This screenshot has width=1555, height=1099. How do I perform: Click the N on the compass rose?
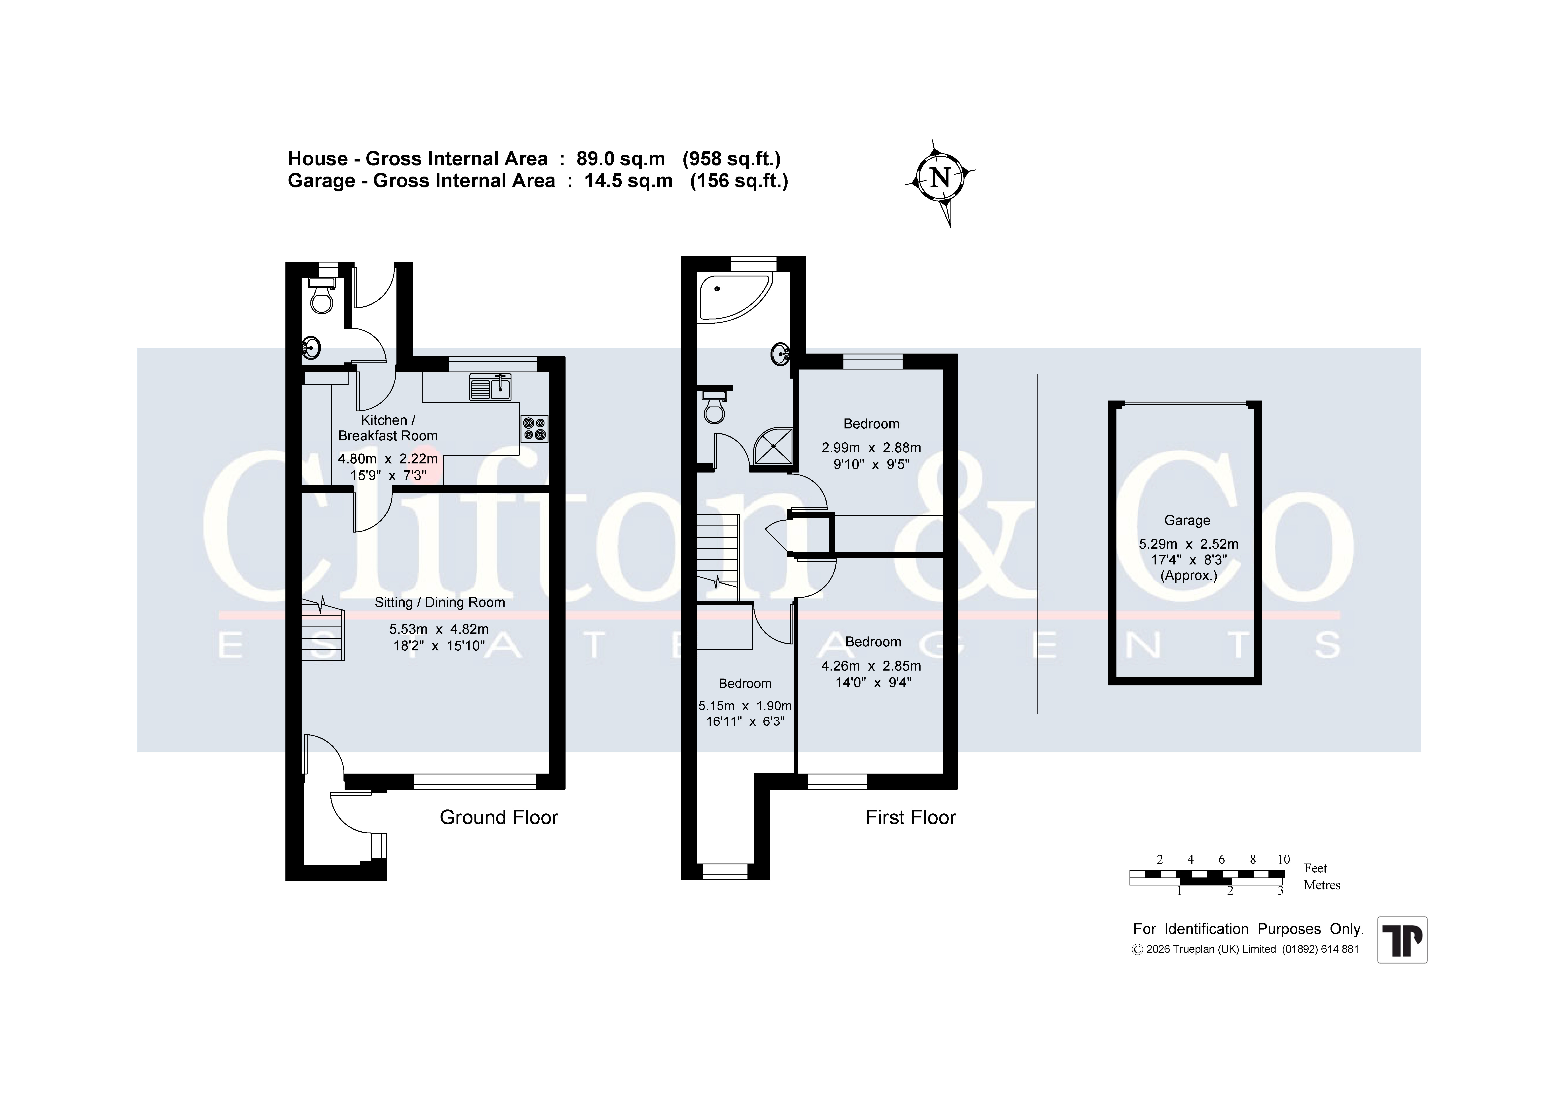[940, 178]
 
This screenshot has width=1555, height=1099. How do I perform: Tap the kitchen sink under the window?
[490, 387]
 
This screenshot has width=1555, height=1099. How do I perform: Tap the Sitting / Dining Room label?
[439, 602]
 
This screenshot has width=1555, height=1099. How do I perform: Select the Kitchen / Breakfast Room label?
[388, 428]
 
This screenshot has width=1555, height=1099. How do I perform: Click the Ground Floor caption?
[498, 817]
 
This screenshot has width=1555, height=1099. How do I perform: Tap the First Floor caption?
[910, 817]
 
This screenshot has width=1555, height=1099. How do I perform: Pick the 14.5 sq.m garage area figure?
[628, 181]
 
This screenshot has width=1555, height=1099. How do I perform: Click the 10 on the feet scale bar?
[1283, 859]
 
